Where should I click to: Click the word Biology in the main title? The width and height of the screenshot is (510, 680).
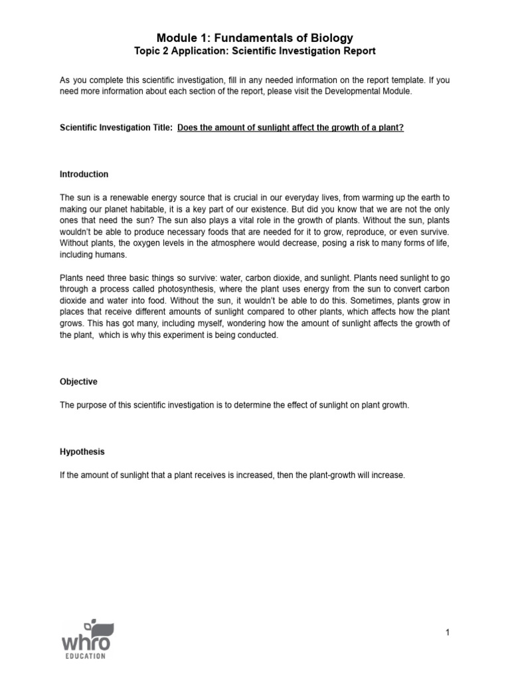327,38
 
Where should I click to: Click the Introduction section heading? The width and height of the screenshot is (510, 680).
84,175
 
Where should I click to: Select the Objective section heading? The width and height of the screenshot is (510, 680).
78,382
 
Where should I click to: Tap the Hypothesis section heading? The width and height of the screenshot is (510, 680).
82,452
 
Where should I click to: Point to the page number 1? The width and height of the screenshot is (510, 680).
448,633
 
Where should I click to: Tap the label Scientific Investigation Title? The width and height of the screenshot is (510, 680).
116,127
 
